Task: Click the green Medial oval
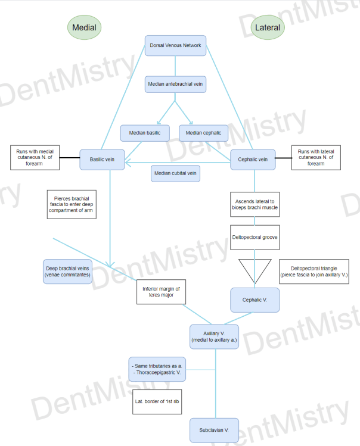(x=84, y=27)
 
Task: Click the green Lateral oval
(x=267, y=27)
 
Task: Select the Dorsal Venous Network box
(x=175, y=46)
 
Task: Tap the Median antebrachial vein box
(x=175, y=84)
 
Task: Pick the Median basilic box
(x=145, y=133)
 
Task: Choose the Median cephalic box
(x=203, y=133)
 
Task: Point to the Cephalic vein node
(x=253, y=159)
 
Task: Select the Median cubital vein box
(x=175, y=173)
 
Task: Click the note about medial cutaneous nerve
(x=35, y=157)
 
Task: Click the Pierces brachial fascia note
(x=71, y=204)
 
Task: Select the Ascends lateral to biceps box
(x=255, y=204)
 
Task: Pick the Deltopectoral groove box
(x=255, y=236)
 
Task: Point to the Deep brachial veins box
(x=67, y=271)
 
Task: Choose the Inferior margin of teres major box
(x=161, y=292)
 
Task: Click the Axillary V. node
(x=214, y=336)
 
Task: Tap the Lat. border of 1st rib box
(x=156, y=402)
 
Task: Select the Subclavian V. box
(x=214, y=430)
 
